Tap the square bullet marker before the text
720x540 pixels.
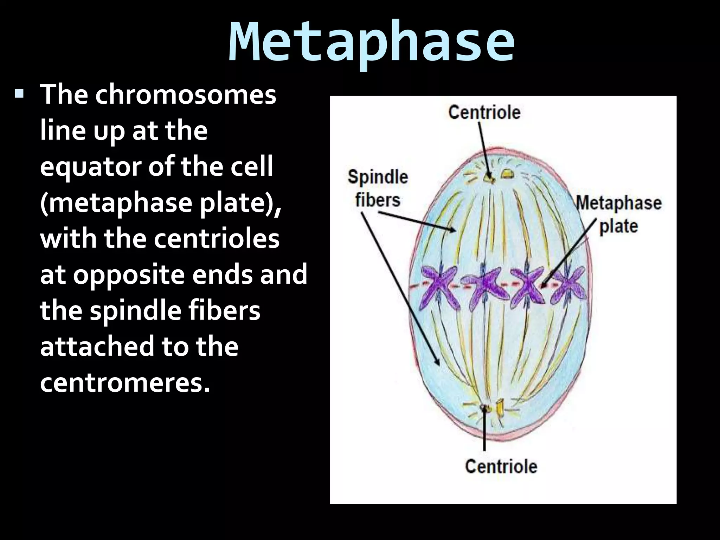pyautogui.click(x=19, y=94)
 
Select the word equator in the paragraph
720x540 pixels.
pyautogui.click(x=91, y=167)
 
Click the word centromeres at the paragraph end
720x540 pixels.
pyautogui.click(x=125, y=383)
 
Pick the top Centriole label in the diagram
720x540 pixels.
pyautogui.click(x=484, y=112)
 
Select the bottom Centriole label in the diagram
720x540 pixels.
pyautogui.click(x=501, y=467)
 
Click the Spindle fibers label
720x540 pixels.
pyautogui.click(x=378, y=188)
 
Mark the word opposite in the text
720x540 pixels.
pyautogui.click(x=128, y=275)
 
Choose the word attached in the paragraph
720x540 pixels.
pyautogui.click(x=97, y=346)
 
